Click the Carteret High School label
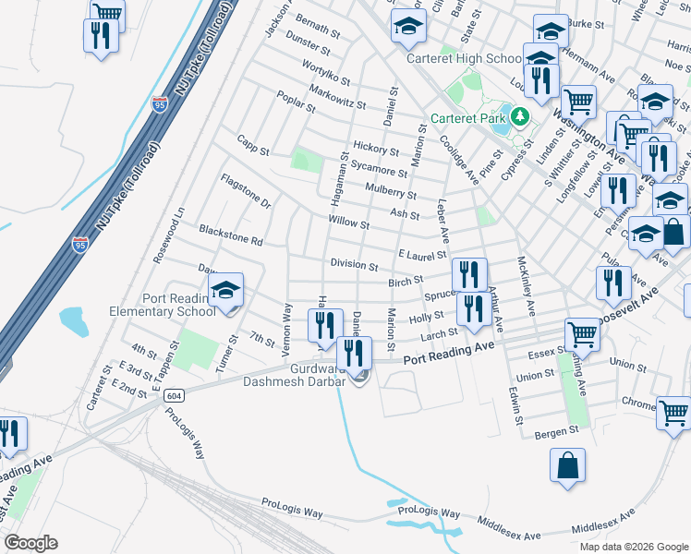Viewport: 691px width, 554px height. pos(477,59)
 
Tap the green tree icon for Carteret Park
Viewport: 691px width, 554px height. pos(520,118)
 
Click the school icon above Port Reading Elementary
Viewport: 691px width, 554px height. pos(225,292)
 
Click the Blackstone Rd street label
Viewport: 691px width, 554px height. pos(231,235)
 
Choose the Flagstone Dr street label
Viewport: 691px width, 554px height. pos(246,189)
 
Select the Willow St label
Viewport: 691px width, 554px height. pos(348,223)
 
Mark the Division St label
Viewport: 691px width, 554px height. pos(355,265)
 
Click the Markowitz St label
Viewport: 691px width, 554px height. pos(338,96)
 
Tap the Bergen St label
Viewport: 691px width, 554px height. pos(560,430)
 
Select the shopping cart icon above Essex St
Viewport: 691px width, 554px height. pos(582,333)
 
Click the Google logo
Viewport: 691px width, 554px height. pos(30,543)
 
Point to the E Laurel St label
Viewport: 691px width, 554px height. pos(422,254)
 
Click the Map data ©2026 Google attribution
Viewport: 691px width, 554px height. pos(633,547)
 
